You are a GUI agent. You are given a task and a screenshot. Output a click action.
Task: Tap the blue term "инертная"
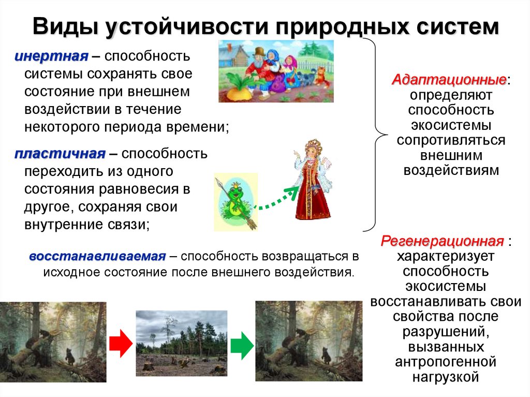[x=50, y=55]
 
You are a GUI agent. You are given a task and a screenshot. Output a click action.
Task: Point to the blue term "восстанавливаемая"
[x=97, y=256]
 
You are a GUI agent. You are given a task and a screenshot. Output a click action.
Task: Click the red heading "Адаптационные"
[x=449, y=80]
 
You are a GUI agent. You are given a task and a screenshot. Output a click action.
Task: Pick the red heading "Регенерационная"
[x=443, y=241]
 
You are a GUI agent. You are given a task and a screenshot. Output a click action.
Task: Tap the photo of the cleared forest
[x=181, y=343]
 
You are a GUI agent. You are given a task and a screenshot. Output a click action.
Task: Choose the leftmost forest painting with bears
[x=53, y=342]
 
